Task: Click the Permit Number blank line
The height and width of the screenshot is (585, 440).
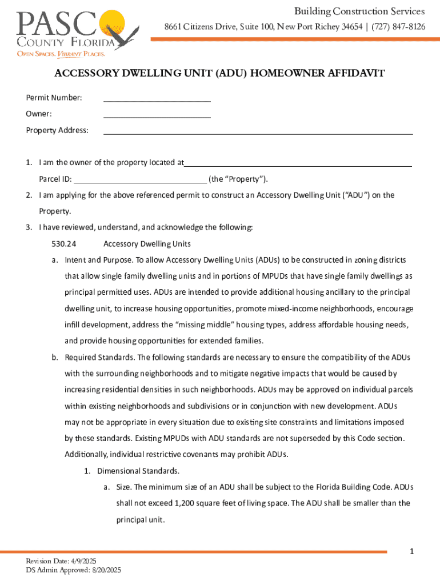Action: (x=157, y=101)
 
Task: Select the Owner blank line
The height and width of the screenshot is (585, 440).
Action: (x=157, y=117)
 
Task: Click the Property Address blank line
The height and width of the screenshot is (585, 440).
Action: (x=257, y=133)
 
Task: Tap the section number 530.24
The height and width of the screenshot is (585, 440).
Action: (x=63, y=244)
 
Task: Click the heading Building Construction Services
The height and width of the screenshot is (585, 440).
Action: (x=359, y=11)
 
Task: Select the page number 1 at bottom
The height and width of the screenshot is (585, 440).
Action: (x=412, y=551)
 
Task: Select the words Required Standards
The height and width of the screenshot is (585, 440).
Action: (x=99, y=358)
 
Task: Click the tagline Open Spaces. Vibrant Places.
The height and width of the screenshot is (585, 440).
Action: (x=61, y=54)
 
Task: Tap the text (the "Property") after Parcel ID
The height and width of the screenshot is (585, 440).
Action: (x=238, y=179)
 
